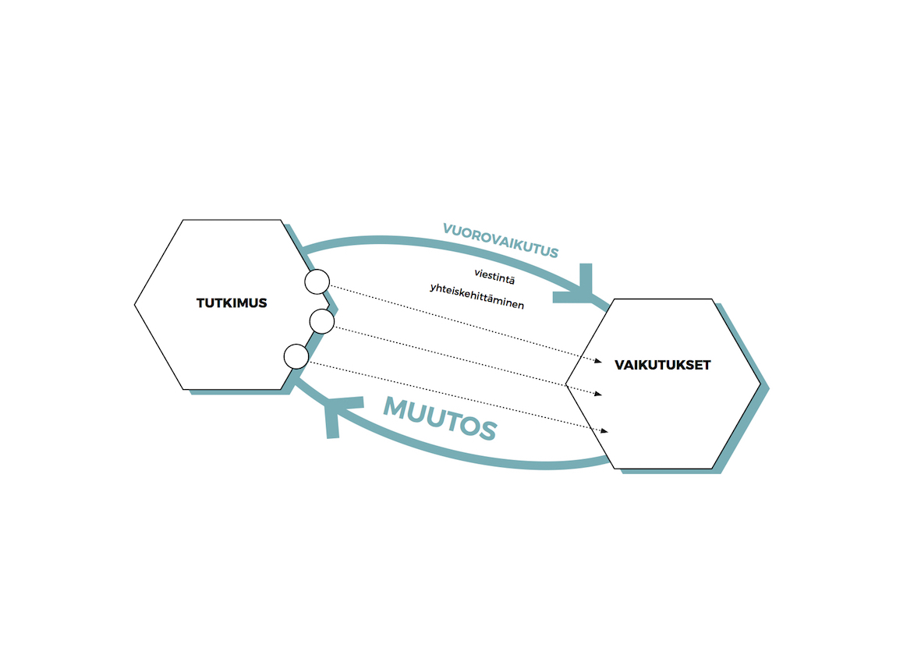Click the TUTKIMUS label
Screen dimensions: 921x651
(232, 303)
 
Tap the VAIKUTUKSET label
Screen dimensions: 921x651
(663, 365)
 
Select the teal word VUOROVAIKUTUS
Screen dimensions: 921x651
(501, 240)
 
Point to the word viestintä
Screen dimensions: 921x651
(494, 277)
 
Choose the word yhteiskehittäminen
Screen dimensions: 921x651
(477, 295)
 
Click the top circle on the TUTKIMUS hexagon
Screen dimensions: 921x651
(317, 281)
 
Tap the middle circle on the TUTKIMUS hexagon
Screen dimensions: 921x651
(322, 322)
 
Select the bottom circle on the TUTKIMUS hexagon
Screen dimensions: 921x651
(296, 356)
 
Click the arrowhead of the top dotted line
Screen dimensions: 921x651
(598, 361)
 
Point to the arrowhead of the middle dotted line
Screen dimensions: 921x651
(598, 394)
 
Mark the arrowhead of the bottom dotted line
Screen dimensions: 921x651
(604, 431)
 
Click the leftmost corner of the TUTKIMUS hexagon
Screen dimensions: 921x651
(134, 305)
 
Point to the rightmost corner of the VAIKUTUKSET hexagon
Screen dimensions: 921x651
(760, 384)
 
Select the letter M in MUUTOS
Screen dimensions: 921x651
(398, 408)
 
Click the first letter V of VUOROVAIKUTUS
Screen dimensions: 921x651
(448, 228)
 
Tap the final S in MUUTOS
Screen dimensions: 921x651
(487, 430)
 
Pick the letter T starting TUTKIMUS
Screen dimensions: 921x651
(201, 303)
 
